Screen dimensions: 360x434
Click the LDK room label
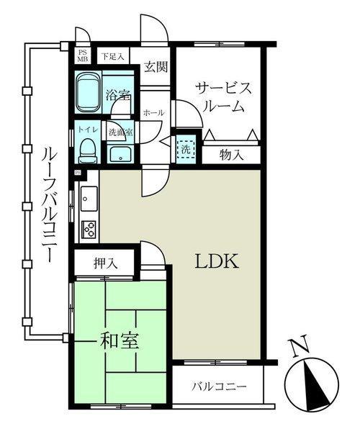point(217,261)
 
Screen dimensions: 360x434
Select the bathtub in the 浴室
point(89,92)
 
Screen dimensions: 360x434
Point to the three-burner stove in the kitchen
point(89,229)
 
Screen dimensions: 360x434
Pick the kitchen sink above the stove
point(89,199)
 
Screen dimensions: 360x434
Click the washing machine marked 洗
point(186,150)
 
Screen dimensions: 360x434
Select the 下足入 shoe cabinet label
point(113,56)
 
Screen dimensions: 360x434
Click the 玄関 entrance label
point(156,67)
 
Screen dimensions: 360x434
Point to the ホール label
point(154,113)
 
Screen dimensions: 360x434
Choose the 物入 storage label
point(232,155)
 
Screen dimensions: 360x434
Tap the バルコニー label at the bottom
point(220,386)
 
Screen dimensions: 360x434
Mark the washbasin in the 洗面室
point(120,154)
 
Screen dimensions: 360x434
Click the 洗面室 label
point(120,132)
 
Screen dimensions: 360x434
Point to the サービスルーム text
point(224,97)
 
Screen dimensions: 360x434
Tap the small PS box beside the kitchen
point(78,173)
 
